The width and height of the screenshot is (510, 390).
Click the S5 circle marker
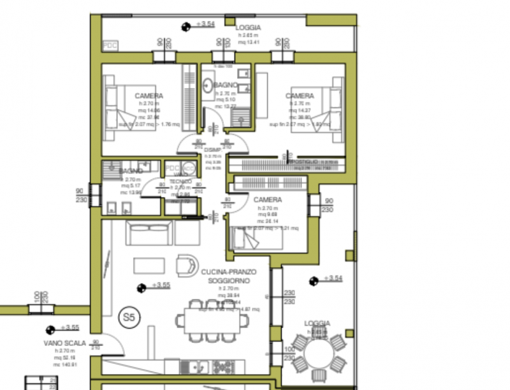(129, 315)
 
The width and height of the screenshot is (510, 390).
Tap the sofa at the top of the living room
(150, 234)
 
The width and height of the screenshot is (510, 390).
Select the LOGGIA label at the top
(248, 28)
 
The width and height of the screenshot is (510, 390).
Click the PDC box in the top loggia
(110, 46)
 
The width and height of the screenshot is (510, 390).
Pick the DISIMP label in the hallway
(212, 150)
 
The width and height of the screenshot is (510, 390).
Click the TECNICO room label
(180, 182)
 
